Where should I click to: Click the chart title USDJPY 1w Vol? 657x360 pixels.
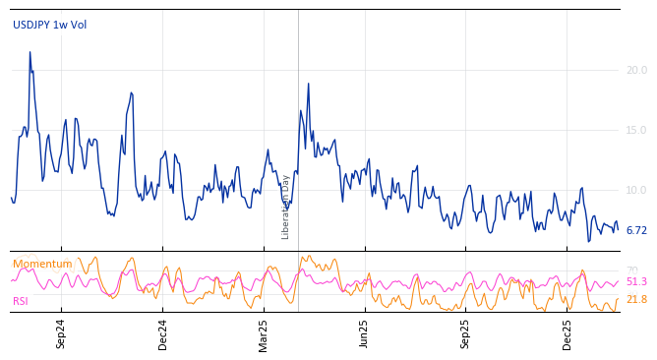point(49,26)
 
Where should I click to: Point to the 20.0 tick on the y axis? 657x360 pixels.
point(636,71)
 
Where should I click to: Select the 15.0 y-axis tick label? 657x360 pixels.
point(636,131)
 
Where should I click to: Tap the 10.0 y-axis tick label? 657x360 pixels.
point(636,191)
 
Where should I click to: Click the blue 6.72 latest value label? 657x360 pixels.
point(636,231)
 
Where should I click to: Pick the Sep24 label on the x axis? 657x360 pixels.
point(61,333)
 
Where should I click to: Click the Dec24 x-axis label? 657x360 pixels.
point(163,333)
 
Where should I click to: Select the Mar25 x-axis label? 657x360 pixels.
point(264,333)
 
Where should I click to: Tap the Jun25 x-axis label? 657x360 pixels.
point(365,333)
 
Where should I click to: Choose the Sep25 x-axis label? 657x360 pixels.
point(466,333)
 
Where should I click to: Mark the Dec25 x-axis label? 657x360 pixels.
point(567,333)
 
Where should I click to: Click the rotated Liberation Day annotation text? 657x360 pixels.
point(286,207)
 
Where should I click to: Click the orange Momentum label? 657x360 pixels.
point(42,265)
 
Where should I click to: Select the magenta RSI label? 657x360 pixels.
point(21,302)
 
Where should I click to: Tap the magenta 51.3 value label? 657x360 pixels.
point(636,282)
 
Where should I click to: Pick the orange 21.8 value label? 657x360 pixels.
point(636,300)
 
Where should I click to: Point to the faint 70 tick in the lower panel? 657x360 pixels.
point(631,270)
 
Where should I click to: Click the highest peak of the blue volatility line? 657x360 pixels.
point(30,52)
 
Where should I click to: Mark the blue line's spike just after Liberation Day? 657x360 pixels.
point(308,84)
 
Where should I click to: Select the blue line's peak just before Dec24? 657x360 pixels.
point(131,93)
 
